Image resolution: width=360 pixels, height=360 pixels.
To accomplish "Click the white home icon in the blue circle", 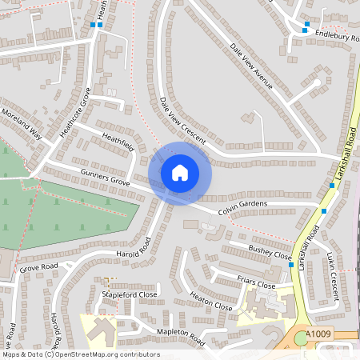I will (x=180, y=173).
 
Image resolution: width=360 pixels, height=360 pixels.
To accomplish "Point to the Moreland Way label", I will (x=22, y=125).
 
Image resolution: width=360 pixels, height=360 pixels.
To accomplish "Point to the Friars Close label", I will (x=256, y=282).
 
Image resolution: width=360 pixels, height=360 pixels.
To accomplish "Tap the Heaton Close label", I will (x=210, y=302).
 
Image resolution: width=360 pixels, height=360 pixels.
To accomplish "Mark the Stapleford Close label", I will (x=129, y=294).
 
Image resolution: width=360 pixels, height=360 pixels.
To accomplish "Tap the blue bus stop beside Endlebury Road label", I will (x=306, y=25).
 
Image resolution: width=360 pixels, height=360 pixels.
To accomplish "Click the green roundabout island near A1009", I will (x=301, y=339).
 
